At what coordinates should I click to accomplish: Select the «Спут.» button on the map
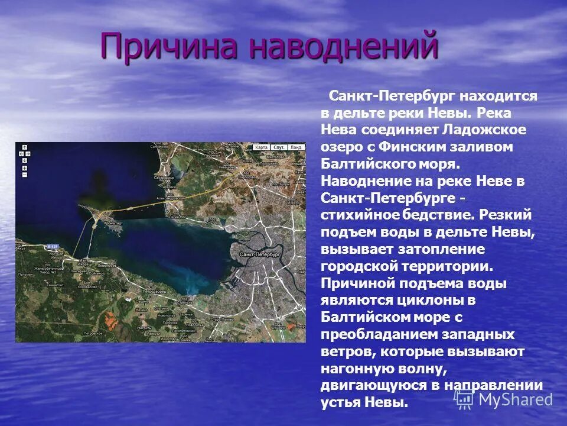279,147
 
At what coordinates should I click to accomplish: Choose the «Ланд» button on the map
296,147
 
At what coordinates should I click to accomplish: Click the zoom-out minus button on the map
24,174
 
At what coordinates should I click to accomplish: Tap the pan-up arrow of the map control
24,146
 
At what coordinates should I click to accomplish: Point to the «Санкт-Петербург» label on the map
259,254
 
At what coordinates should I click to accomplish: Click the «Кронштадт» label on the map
113,223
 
